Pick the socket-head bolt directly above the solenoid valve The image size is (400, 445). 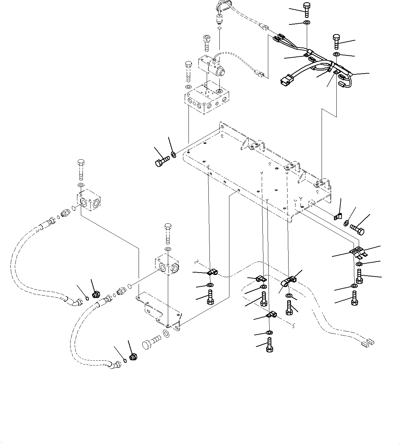click(x=207, y=42)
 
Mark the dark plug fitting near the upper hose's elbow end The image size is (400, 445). click(x=96, y=294)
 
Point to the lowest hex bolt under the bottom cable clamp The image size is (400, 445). click(x=270, y=345)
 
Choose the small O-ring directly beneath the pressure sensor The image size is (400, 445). click(x=219, y=29)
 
